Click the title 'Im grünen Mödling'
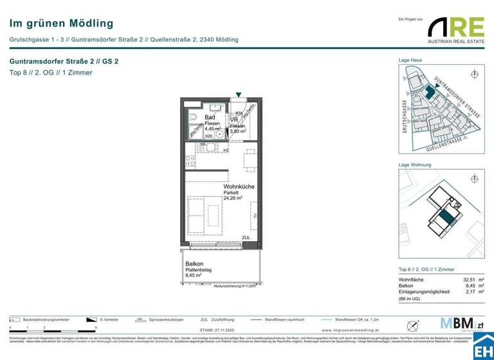coord(61,24)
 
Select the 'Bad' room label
coord(210,118)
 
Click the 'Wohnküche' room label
coord(239,186)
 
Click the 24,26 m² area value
coord(233,199)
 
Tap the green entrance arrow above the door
coord(239,95)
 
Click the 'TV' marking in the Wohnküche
coord(255,216)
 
